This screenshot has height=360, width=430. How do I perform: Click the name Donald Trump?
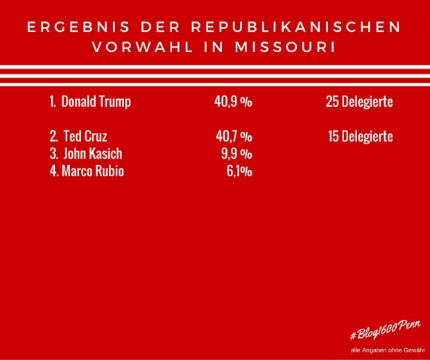(x=96, y=102)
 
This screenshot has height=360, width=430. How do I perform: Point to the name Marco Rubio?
(x=92, y=171)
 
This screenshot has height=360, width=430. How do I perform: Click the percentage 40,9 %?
(x=233, y=102)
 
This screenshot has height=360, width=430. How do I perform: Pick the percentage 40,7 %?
(x=233, y=137)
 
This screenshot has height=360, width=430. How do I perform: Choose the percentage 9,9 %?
(x=237, y=154)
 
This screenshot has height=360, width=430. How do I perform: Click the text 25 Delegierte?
(x=359, y=102)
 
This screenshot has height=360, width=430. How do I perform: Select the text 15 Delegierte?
(x=360, y=137)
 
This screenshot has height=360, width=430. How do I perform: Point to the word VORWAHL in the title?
(x=132, y=48)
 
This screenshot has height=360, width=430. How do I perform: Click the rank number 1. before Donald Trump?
(x=53, y=102)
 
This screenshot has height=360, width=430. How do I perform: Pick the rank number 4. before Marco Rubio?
(x=54, y=171)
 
